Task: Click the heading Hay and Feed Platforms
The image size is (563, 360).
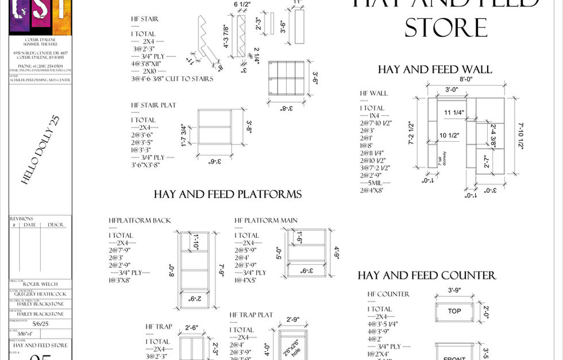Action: [x=227, y=194]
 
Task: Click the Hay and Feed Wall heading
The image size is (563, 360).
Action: [x=434, y=69]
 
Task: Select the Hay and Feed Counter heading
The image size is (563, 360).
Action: [x=426, y=276]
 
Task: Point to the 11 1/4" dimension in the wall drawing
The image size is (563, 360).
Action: [x=454, y=113]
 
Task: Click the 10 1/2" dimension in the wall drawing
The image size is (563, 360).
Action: [x=452, y=136]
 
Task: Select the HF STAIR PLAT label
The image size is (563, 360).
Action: [x=153, y=106]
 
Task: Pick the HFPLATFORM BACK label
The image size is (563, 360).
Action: [x=140, y=220]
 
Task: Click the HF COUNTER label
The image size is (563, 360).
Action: [x=388, y=294]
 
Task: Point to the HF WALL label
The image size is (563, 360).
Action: [x=373, y=93]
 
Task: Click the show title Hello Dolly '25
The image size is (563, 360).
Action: [x=40, y=150]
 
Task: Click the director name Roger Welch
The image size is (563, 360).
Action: [x=40, y=284]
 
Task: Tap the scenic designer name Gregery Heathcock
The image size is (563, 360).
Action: [x=40, y=294]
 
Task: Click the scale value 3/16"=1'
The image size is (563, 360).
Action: [x=25, y=335]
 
